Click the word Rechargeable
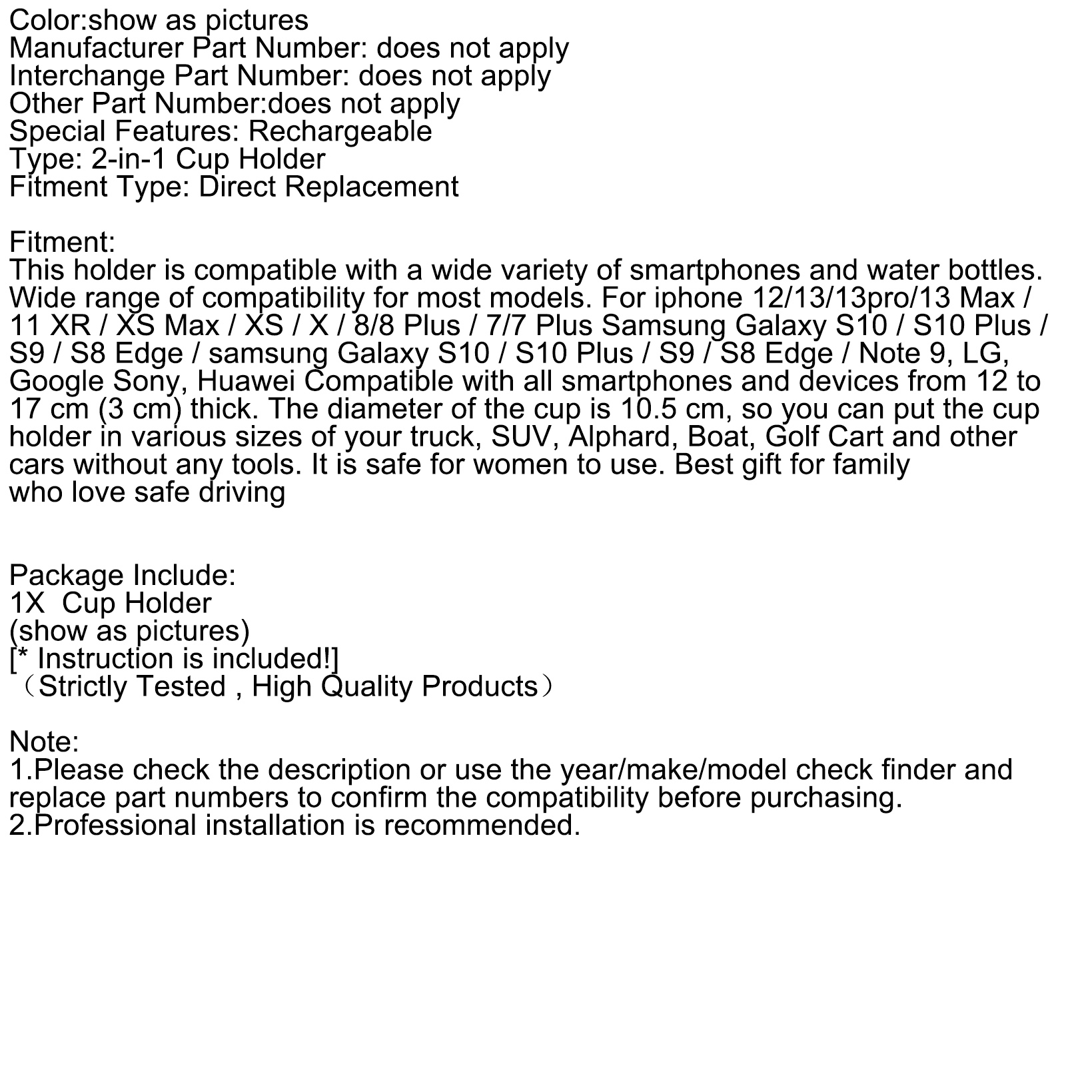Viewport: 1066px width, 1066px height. [340, 131]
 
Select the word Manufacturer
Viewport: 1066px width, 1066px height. [96, 48]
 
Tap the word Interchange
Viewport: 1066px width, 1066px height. [87, 76]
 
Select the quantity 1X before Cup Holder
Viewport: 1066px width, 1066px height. [27, 603]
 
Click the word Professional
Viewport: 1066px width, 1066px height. [115, 825]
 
